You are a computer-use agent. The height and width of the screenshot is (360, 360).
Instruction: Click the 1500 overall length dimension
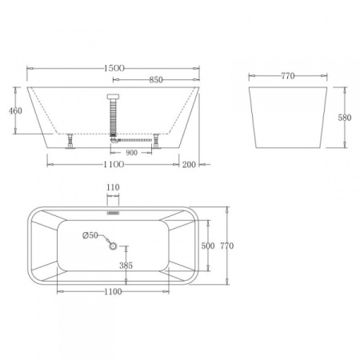[x=114, y=70]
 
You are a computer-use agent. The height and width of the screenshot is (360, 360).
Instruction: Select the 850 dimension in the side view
[x=157, y=80]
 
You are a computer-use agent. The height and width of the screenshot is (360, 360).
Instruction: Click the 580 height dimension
[x=345, y=117]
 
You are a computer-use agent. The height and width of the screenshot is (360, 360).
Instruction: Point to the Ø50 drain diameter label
[x=90, y=235]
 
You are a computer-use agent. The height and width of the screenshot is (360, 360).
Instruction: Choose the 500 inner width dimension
[x=207, y=246]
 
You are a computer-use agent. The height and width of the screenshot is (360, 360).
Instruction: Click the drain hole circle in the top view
[x=114, y=246]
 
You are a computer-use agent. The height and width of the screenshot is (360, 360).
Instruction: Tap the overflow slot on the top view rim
[x=113, y=214]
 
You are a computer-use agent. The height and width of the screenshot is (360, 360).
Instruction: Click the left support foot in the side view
[x=70, y=141]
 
